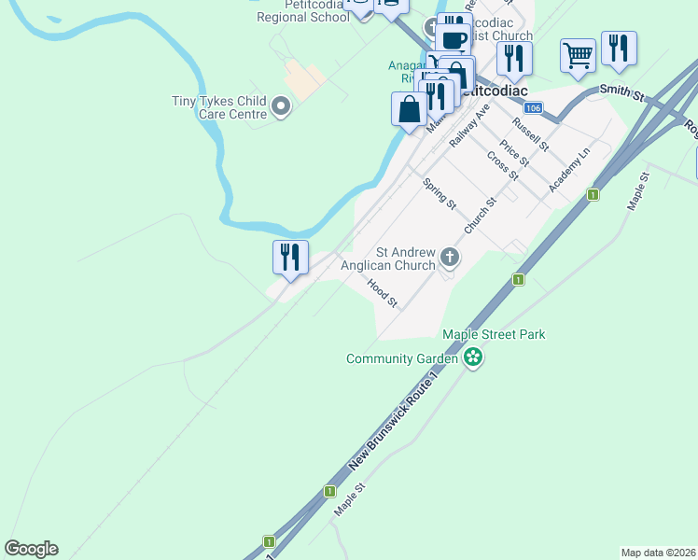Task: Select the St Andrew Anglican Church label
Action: click(x=406, y=259)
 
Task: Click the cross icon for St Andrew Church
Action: click(x=450, y=257)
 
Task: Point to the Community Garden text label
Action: click(x=402, y=358)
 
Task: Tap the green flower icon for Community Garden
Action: click(x=473, y=357)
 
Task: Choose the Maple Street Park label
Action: click(x=494, y=334)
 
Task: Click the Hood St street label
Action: click(x=383, y=294)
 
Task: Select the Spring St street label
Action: click(x=440, y=194)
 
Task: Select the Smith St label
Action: click(x=622, y=92)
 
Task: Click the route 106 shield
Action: click(x=532, y=109)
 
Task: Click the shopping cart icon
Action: click(x=578, y=55)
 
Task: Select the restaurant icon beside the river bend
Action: click(x=290, y=257)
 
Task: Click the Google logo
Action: click(x=31, y=549)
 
